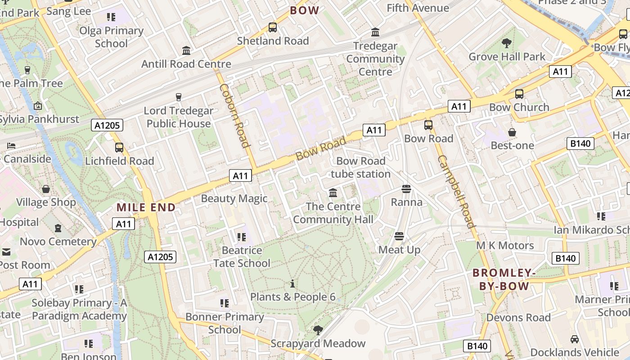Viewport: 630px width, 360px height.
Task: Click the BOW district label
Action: pos(305,10)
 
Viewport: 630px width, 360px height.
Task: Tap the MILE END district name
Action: pos(146,207)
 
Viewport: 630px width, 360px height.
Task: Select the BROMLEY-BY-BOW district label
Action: pos(504,279)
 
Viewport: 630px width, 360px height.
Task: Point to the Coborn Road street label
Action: pos(234,115)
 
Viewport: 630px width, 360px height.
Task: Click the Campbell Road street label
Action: pos(456,192)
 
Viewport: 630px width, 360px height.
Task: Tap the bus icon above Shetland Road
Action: pos(273,27)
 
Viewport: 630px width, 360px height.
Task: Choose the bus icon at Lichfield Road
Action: pos(119,148)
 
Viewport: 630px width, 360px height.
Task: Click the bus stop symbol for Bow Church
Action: pos(519,94)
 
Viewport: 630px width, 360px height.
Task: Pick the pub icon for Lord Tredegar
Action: pos(179,97)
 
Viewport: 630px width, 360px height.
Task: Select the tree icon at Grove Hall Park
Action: pos(507,43)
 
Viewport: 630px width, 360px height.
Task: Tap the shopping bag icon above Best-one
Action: pos(512,132)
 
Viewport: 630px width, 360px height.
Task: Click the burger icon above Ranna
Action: pos(406,189)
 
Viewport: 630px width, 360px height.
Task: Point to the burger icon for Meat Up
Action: pos(399,236)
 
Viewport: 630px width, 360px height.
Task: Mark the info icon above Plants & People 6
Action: pos(292,283)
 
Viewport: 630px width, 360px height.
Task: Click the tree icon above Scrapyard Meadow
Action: pos(318,330)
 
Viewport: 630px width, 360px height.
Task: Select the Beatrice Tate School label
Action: pos(242,256)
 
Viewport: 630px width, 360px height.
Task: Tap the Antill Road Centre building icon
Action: pos(186,50)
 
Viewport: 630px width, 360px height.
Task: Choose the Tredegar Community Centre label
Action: pos(375,58)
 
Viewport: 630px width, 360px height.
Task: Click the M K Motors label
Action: pos(505,245)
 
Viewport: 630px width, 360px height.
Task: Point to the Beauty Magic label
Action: pos(234,198)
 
